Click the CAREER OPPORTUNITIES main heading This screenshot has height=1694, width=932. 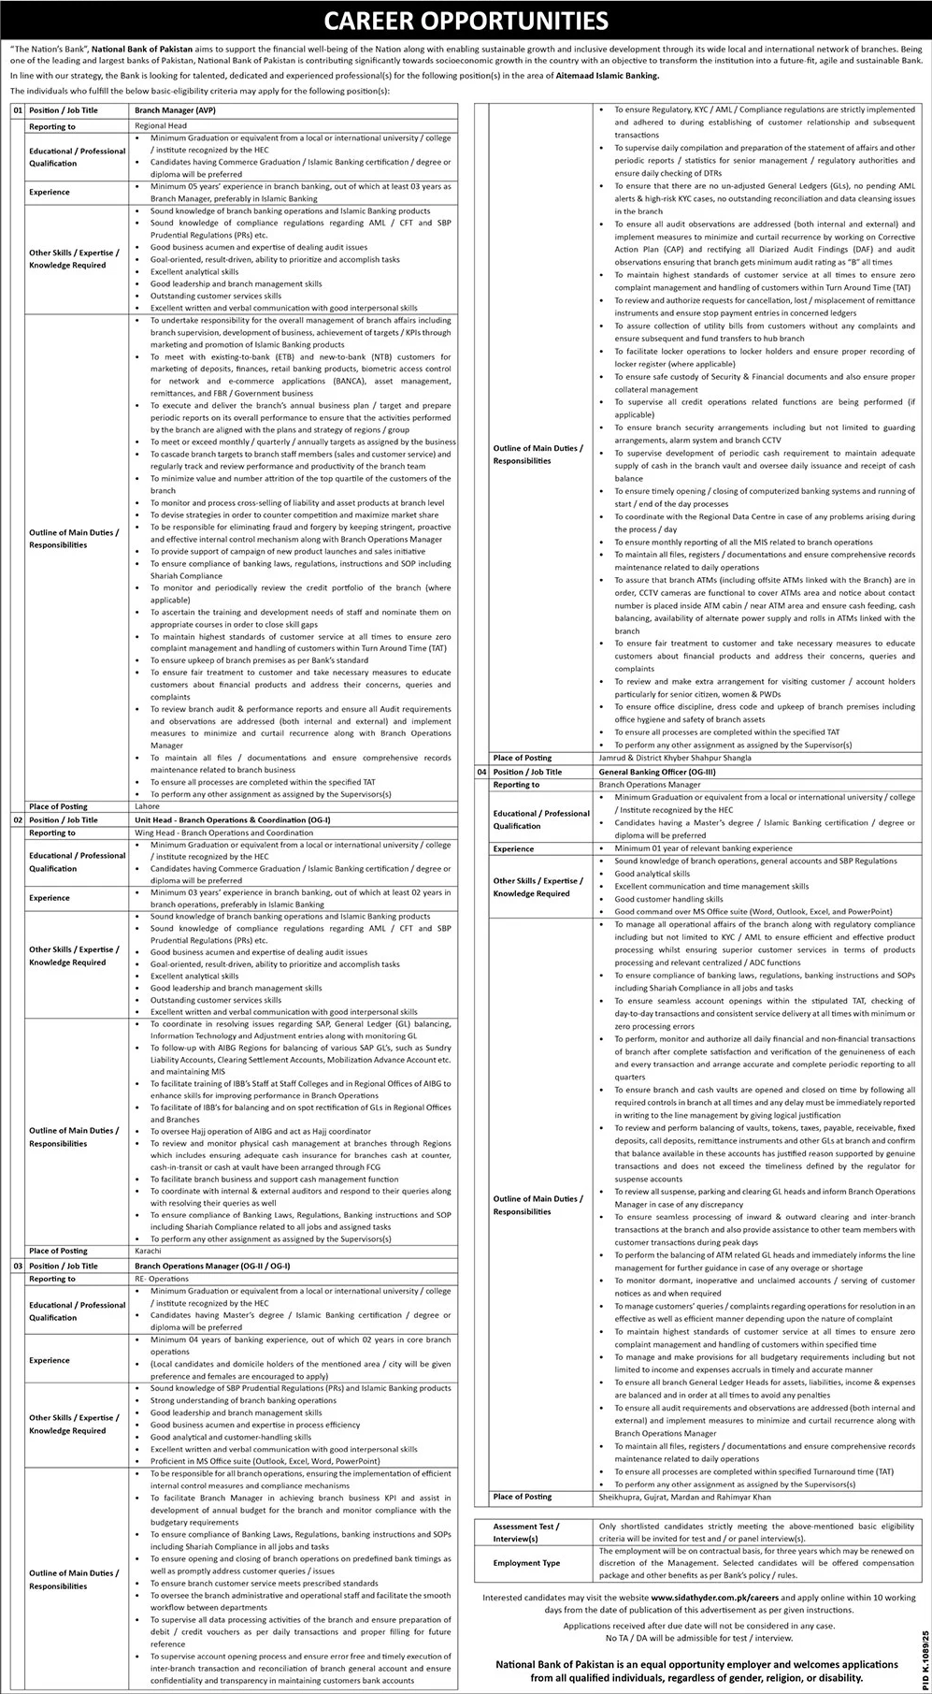tap(466, 20)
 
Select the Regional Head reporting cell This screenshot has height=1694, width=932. tap(161, 125)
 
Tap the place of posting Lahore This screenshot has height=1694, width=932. tap(148, 805)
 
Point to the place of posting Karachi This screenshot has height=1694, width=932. tap(149, 1251)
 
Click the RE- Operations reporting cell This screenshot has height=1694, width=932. tap(162, 1279)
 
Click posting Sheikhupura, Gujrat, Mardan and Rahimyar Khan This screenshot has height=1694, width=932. tap(685, 1498)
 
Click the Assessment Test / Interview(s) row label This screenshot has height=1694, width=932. tap(526, 1532)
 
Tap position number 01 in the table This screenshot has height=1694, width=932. tap(16, 109)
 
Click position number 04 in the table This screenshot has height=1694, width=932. tap(482, 772)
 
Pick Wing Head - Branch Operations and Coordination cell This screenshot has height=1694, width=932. tap(223, 832)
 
